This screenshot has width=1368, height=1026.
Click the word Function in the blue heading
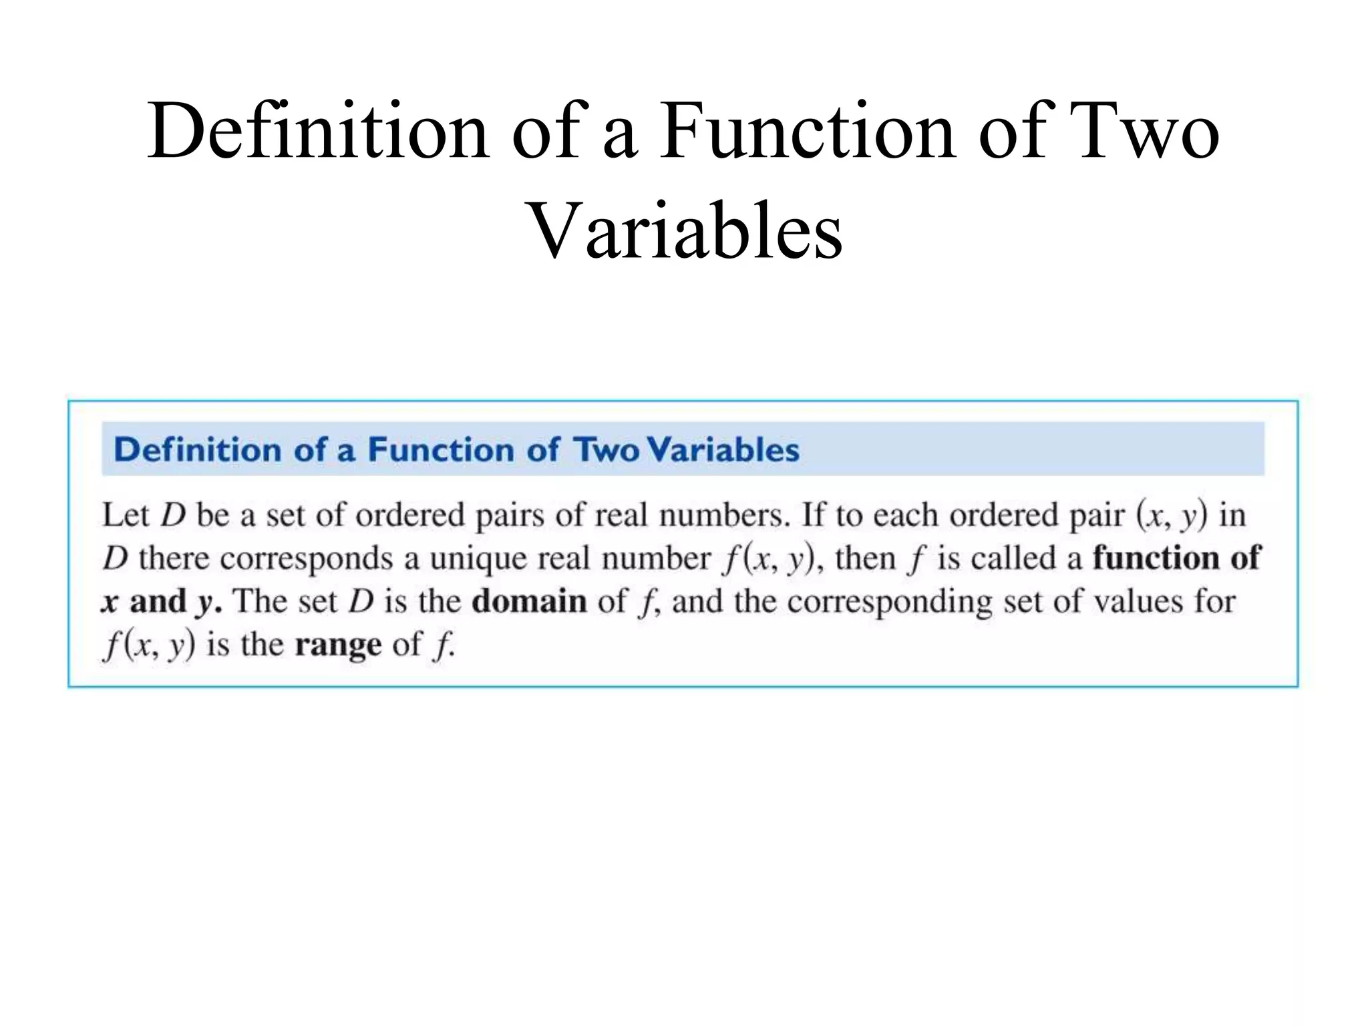(x=442, y=449)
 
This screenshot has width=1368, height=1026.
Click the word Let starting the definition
(x=125, y=515)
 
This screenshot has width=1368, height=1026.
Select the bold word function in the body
(x=1156, y=558)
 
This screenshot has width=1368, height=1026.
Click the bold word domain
(x=529, y=601)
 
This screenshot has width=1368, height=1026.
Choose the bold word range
(x=338, y=645)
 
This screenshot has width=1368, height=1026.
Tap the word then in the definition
(x=864, y=558)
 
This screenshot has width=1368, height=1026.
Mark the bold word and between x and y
(x=158, y=601)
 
